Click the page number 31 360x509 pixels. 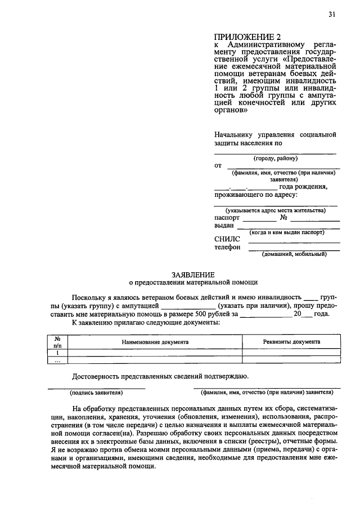point(332,15)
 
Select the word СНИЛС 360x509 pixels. point(227,238)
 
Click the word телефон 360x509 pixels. point(227,247)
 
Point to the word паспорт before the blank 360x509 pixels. point(227,217)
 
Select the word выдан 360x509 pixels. point(224,225)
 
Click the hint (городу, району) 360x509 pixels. point(275,159)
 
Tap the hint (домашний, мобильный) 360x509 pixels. point(295,254)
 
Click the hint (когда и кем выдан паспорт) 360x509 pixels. point(287,232)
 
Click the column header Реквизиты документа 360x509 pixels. point(291,341)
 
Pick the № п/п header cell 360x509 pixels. point(57,342)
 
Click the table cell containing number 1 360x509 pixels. point(57,352)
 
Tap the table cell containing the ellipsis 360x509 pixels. point(57,360)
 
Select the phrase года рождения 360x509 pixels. point(303,187)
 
